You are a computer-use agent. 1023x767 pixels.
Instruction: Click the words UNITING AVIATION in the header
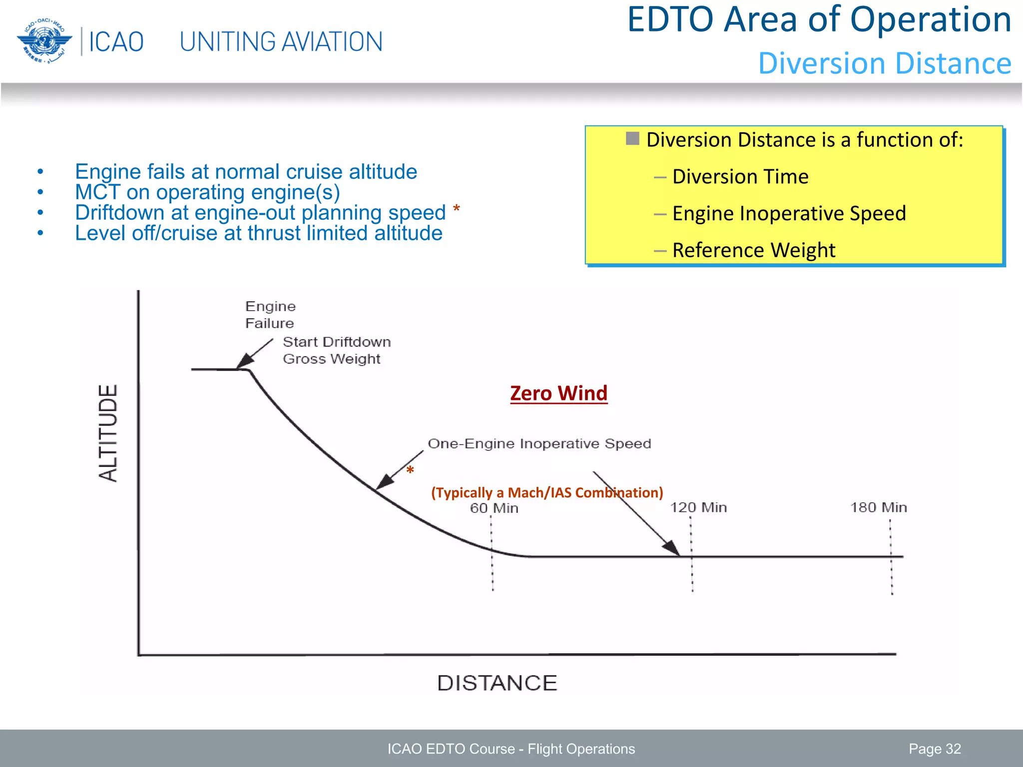coord(281,42)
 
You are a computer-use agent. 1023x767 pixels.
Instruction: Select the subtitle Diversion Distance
coord(884,64)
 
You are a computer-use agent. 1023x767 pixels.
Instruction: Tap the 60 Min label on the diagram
coord(494,508)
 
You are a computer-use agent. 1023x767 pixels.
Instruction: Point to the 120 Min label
coord(698,508)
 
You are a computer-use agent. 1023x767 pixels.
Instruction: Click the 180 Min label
coord(878,508)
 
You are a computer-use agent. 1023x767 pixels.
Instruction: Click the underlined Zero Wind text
coord(558,393)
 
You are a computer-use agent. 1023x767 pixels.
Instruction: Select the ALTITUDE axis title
coord(108,433)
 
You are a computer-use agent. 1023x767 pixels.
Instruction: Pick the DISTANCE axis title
coord(497,683)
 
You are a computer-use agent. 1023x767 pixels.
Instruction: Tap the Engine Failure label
coord(270,315)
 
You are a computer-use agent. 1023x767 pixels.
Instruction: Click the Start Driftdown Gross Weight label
coord(336,350)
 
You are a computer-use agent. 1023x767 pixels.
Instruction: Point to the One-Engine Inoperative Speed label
coord(539,443)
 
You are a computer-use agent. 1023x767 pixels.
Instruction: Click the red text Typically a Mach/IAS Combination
coord(546,493)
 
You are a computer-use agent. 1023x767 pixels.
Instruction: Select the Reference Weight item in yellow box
coord(753,250)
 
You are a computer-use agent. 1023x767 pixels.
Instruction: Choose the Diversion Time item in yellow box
coord(740,177)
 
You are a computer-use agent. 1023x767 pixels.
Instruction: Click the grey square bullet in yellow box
coord(632,138)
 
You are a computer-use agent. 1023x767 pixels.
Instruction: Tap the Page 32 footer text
coord(934,749)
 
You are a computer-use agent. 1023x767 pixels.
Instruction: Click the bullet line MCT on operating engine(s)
coord(207,192)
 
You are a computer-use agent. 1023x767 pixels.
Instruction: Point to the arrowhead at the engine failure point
coord(244,361)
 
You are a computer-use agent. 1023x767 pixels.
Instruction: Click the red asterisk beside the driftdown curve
coord(410,470)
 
